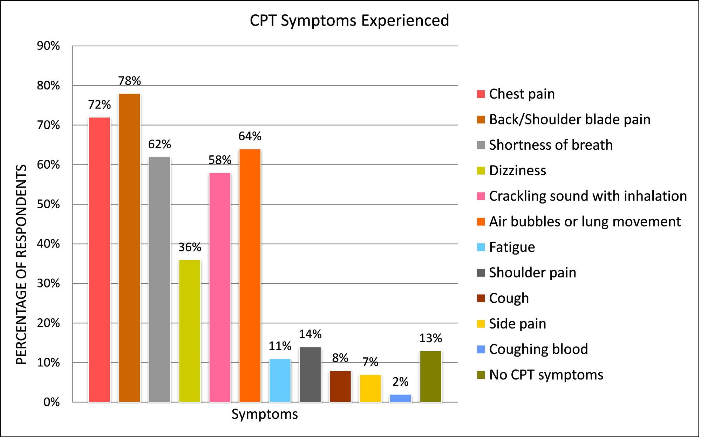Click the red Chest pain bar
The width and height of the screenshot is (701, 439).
click(x=100, y=260)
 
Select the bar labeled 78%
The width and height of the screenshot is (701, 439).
click(x=130, y=248)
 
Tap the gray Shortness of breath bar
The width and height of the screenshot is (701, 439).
click(x=160, y=279)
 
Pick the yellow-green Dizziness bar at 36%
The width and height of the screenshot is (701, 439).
click(x=190, y=331)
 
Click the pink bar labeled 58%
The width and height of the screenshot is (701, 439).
click(x=220, y=288)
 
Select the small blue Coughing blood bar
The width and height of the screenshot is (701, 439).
click(x=401, y=398)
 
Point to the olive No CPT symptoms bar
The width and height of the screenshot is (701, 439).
click(x=431, y=377)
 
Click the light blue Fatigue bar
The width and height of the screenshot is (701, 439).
click(x=280, y=380)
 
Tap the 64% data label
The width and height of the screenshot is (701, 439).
click(x=250, y=136)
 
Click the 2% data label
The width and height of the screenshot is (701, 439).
click(x=401, y=381)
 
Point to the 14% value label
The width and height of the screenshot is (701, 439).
click(x=310, y=334)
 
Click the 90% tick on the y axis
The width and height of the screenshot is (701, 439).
click(x=48, y=46)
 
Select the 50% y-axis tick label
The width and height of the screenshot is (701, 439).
click(x=48, y=204)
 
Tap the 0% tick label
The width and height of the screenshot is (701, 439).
click(x=52, y=402)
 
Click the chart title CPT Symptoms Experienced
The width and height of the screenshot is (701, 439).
click(x=349, y=20)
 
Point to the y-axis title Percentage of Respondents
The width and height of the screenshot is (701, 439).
click(x=21, y=264)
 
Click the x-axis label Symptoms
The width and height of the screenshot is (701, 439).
click(x=265, y=414)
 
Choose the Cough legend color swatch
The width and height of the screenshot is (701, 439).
click(x=481, y=298)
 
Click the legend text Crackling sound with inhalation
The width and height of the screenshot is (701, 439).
click(x=588, y=196)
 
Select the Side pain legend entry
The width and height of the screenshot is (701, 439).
click(x=512, y=324)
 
